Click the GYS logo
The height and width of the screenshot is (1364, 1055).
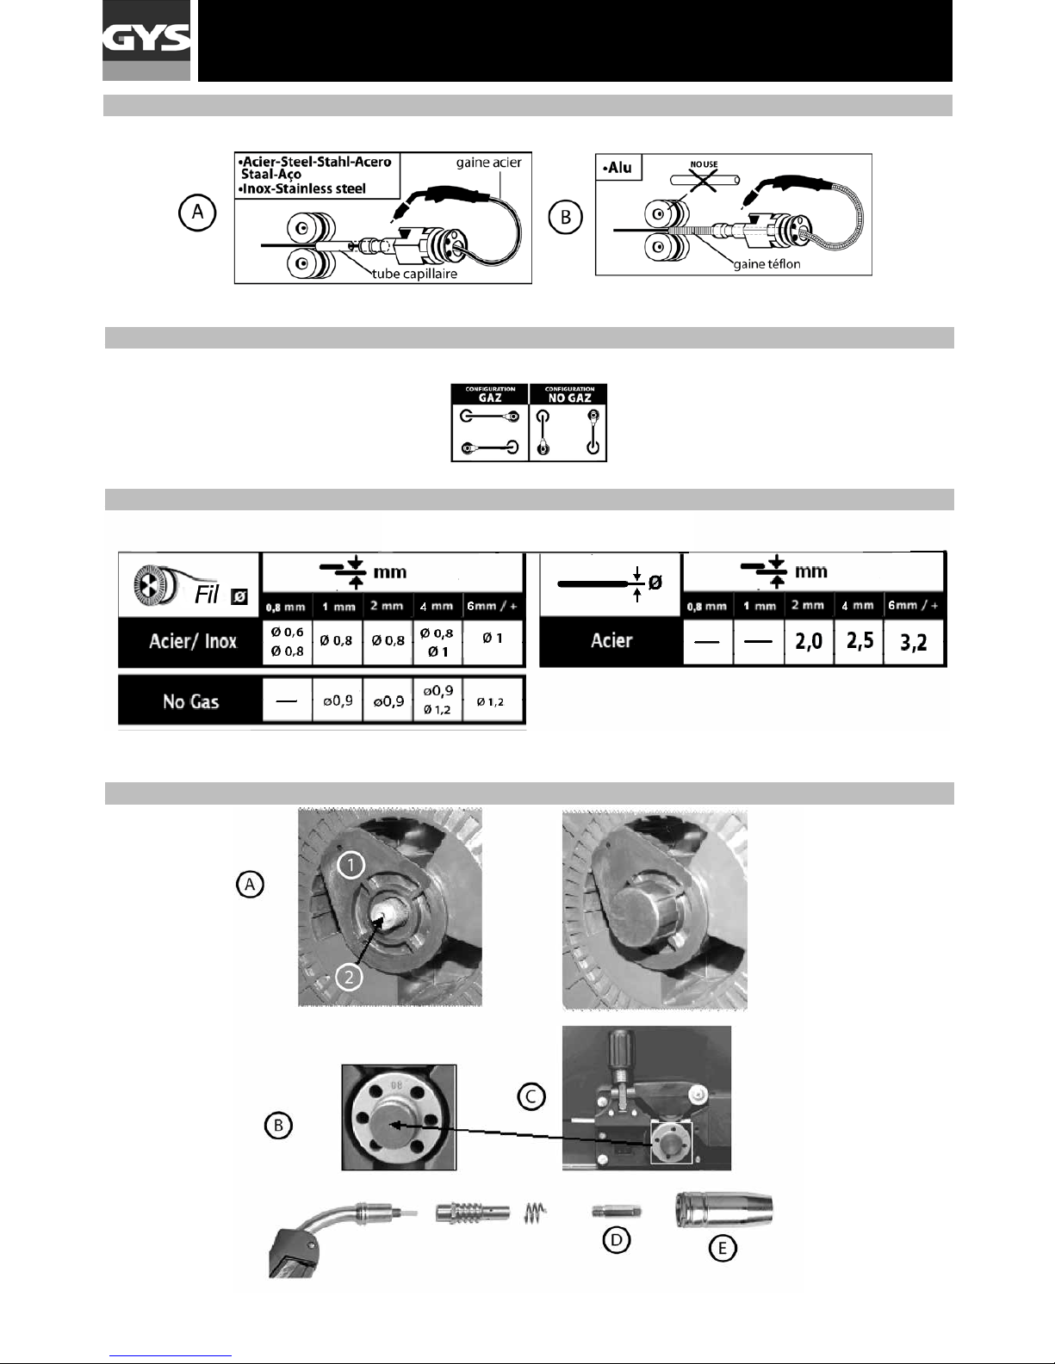pos(146,40)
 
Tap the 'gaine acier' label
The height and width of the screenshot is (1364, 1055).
pos(488,163)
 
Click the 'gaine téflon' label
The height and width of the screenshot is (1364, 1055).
pos(766,264)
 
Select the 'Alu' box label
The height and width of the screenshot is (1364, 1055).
pos(618,168)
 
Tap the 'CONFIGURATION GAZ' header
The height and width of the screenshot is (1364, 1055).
pos(490,394)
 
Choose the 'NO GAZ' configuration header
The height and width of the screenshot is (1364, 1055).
pos(568,394)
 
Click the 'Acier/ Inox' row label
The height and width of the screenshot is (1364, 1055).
pos(192,641)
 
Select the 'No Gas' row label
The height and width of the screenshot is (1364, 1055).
pos(190,701)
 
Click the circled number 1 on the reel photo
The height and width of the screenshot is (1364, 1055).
pos(350,865)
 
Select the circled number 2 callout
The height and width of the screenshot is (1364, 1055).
pos(348,977)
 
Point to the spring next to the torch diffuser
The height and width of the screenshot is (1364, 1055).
pos(535,1213)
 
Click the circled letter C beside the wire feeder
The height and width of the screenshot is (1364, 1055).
pos(531,1096)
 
